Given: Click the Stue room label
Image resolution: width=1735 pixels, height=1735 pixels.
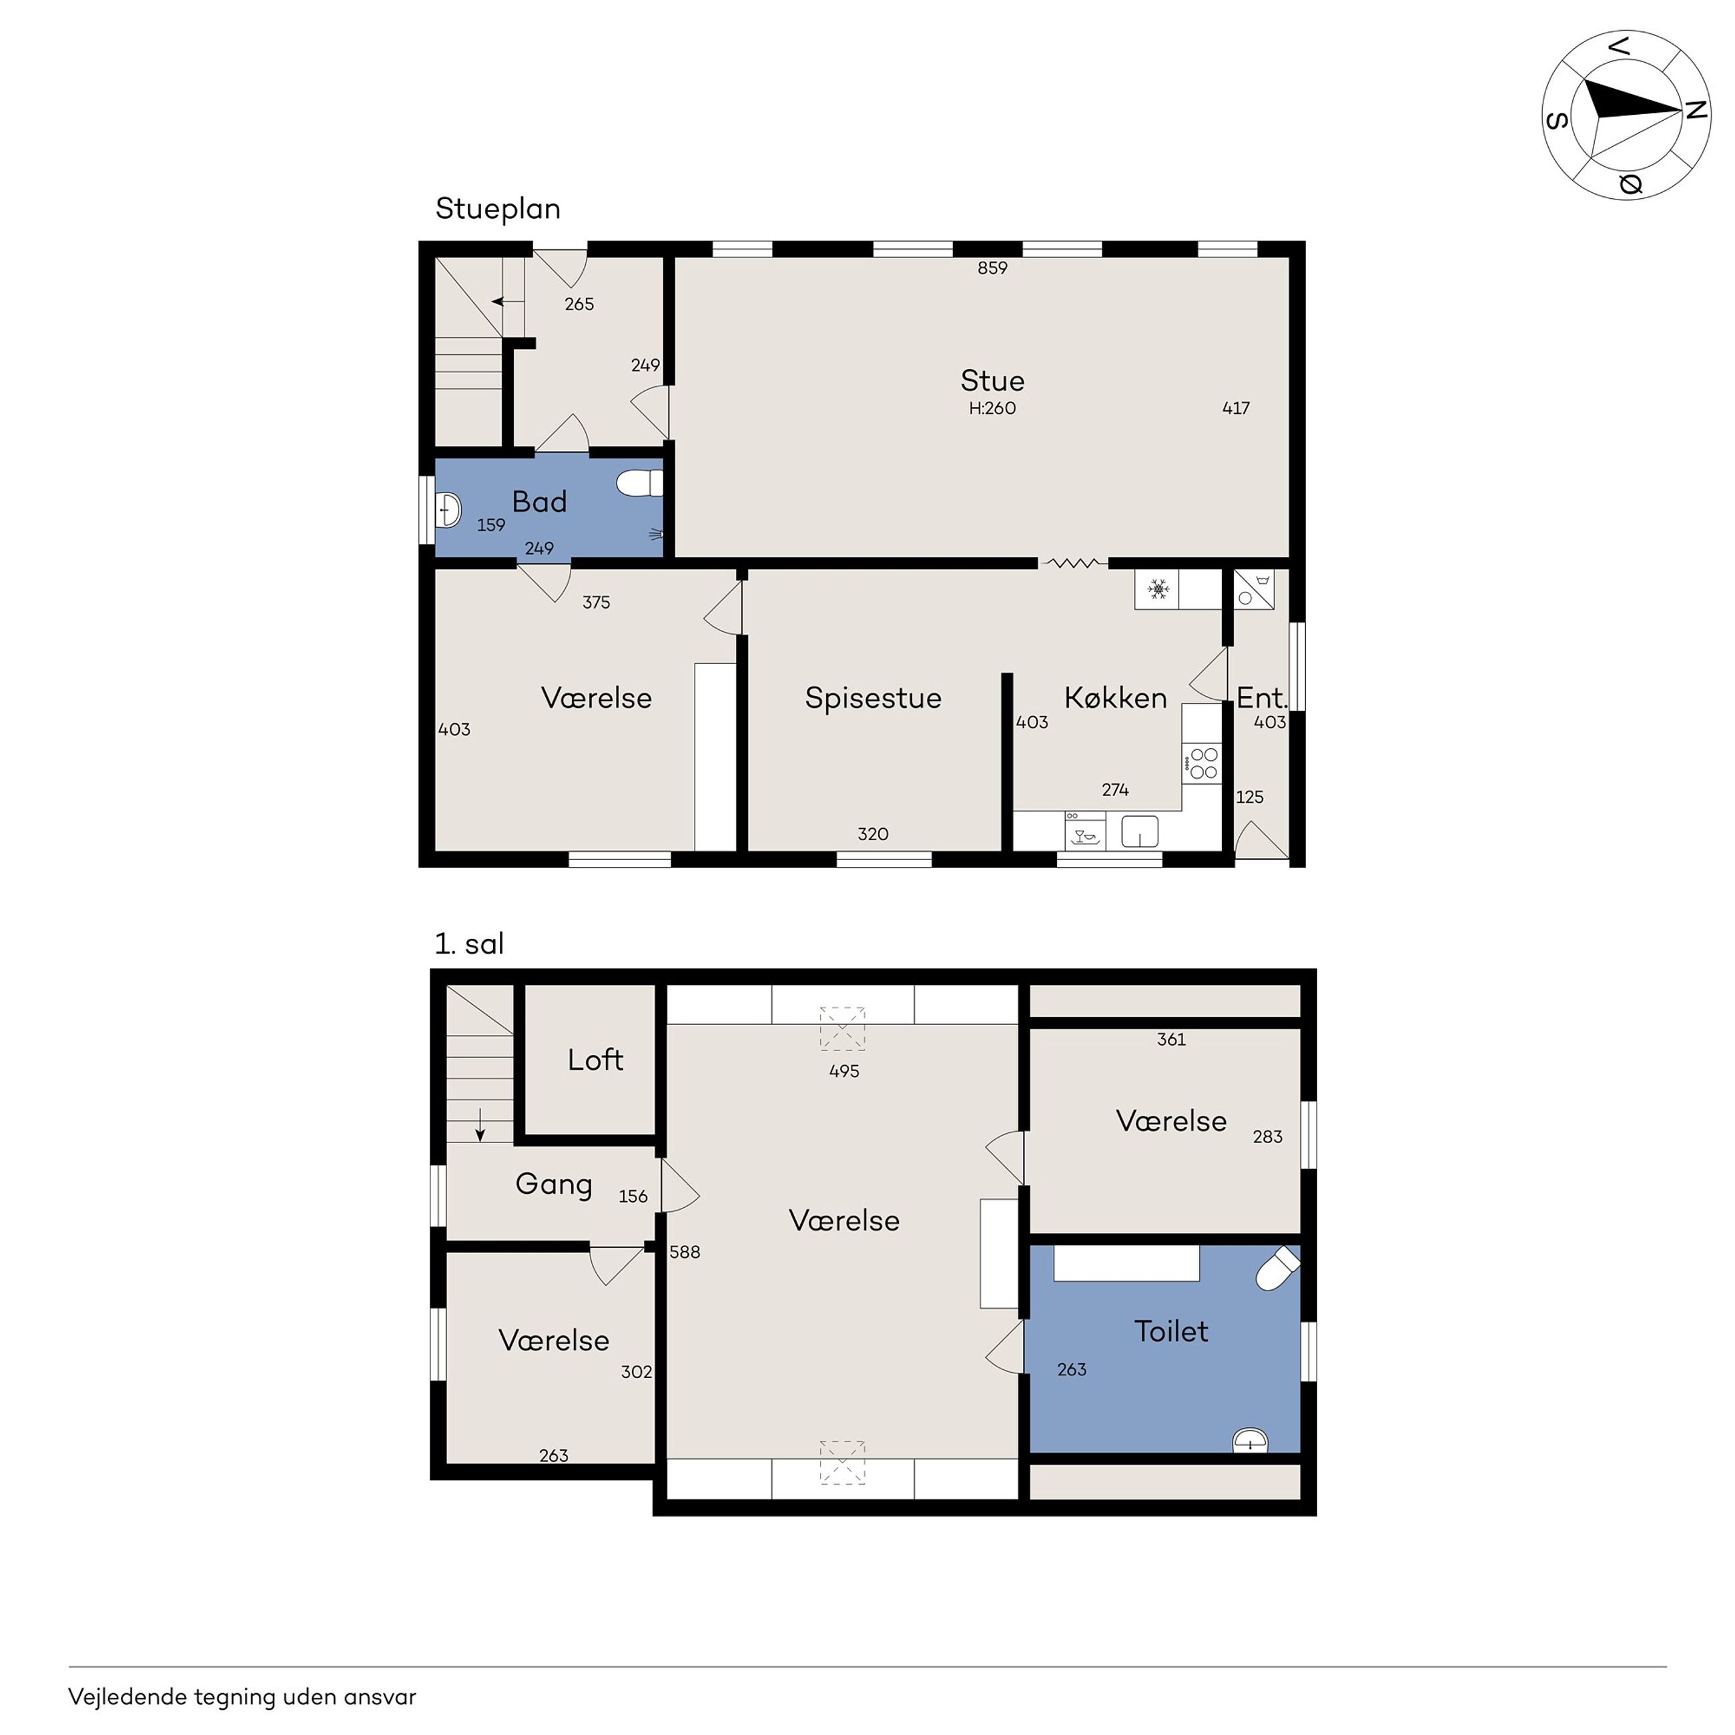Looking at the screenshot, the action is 992,381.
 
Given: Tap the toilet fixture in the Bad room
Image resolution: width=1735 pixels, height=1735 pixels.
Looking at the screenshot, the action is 639,483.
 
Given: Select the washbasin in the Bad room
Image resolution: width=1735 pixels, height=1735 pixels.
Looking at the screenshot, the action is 447,510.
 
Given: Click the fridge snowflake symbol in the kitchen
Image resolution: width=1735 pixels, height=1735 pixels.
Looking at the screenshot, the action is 1158,590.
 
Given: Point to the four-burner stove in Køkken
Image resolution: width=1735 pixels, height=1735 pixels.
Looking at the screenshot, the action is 1202,763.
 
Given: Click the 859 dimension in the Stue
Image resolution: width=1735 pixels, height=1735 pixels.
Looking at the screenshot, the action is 992,268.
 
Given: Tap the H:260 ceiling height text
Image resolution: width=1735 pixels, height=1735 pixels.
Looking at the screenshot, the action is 992,408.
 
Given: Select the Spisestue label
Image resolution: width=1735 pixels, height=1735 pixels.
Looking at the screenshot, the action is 873,698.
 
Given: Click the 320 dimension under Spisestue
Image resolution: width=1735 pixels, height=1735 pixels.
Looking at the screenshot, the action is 873,834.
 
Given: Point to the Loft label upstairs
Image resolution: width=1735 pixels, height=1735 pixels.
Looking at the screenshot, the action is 595,1060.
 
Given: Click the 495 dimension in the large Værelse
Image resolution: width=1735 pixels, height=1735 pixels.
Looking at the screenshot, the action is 844,1071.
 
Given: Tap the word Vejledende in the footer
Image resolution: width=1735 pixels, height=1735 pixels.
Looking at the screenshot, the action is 125,1697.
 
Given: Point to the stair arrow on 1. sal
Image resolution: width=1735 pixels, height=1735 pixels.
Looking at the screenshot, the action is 480,1125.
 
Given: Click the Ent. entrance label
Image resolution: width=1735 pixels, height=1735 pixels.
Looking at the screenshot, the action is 1262,698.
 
